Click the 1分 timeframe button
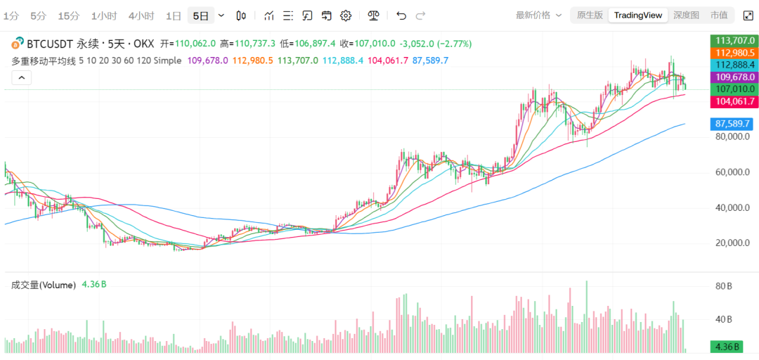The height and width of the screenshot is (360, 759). pos(11,15)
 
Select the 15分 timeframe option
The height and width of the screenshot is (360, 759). pos(69,15)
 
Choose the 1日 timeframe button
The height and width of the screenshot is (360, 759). pos(174,15)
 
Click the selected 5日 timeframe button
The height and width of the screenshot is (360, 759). pos(201,15)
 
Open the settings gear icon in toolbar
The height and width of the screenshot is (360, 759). pos(346,15)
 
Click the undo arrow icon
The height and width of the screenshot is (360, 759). pos(401,15)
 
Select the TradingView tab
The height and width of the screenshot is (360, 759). pos(637,15)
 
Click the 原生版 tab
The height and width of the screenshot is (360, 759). pos(590,15)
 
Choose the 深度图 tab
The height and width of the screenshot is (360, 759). pos(686,15)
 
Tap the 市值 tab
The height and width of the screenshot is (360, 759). pos(719,15)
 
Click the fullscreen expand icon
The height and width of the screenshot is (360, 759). pos(748,15)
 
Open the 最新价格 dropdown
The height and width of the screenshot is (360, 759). pos(539,15)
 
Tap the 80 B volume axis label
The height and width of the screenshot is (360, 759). pos(724,287)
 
